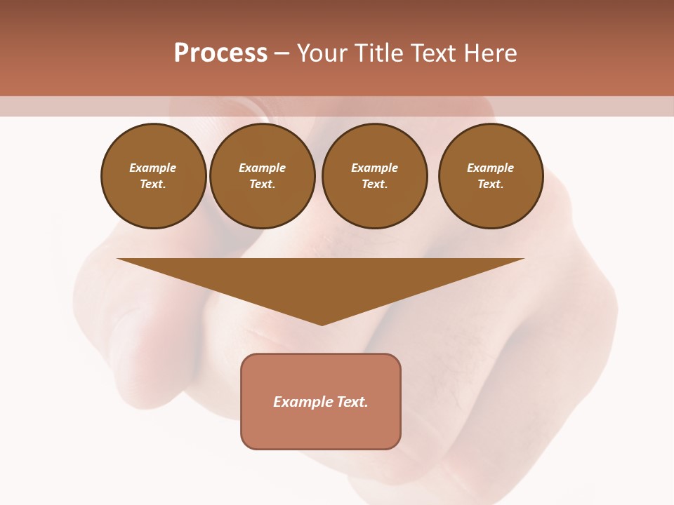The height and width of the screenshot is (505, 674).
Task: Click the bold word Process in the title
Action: pos(220,53)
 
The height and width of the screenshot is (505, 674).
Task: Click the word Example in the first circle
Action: pos(153,168)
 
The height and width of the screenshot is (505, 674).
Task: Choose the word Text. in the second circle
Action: pos(263,184)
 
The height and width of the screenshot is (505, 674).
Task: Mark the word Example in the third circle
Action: pos(375,168)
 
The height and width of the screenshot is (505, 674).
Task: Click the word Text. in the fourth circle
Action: pos(491,184)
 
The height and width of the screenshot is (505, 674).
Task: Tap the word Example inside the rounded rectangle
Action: pos(303,402)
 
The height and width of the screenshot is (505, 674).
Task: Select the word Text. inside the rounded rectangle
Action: pos(352,402)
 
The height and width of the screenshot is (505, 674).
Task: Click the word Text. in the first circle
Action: pos(153,184)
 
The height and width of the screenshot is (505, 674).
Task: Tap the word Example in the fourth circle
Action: pos(491,168)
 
